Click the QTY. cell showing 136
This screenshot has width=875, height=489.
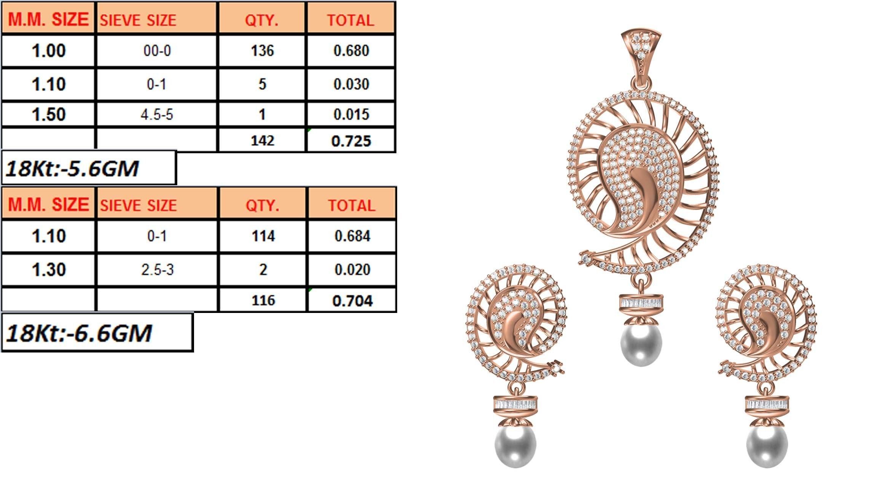262,51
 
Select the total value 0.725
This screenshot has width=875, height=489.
351,141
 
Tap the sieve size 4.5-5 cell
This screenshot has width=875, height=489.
157,114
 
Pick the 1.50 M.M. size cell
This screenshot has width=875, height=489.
49,114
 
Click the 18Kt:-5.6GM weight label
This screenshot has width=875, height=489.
72,168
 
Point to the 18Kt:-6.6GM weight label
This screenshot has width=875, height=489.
79,333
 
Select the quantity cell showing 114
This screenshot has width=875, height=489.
263,236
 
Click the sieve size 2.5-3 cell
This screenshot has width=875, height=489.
157,270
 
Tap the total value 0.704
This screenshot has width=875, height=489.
352,301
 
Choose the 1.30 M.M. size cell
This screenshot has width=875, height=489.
49,270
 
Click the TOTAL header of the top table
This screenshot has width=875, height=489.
350,20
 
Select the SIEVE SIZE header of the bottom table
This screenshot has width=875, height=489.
138,205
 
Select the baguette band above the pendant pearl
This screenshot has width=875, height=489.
641,303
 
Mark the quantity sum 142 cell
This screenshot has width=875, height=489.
262,141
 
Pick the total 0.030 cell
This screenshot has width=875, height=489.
351,84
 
